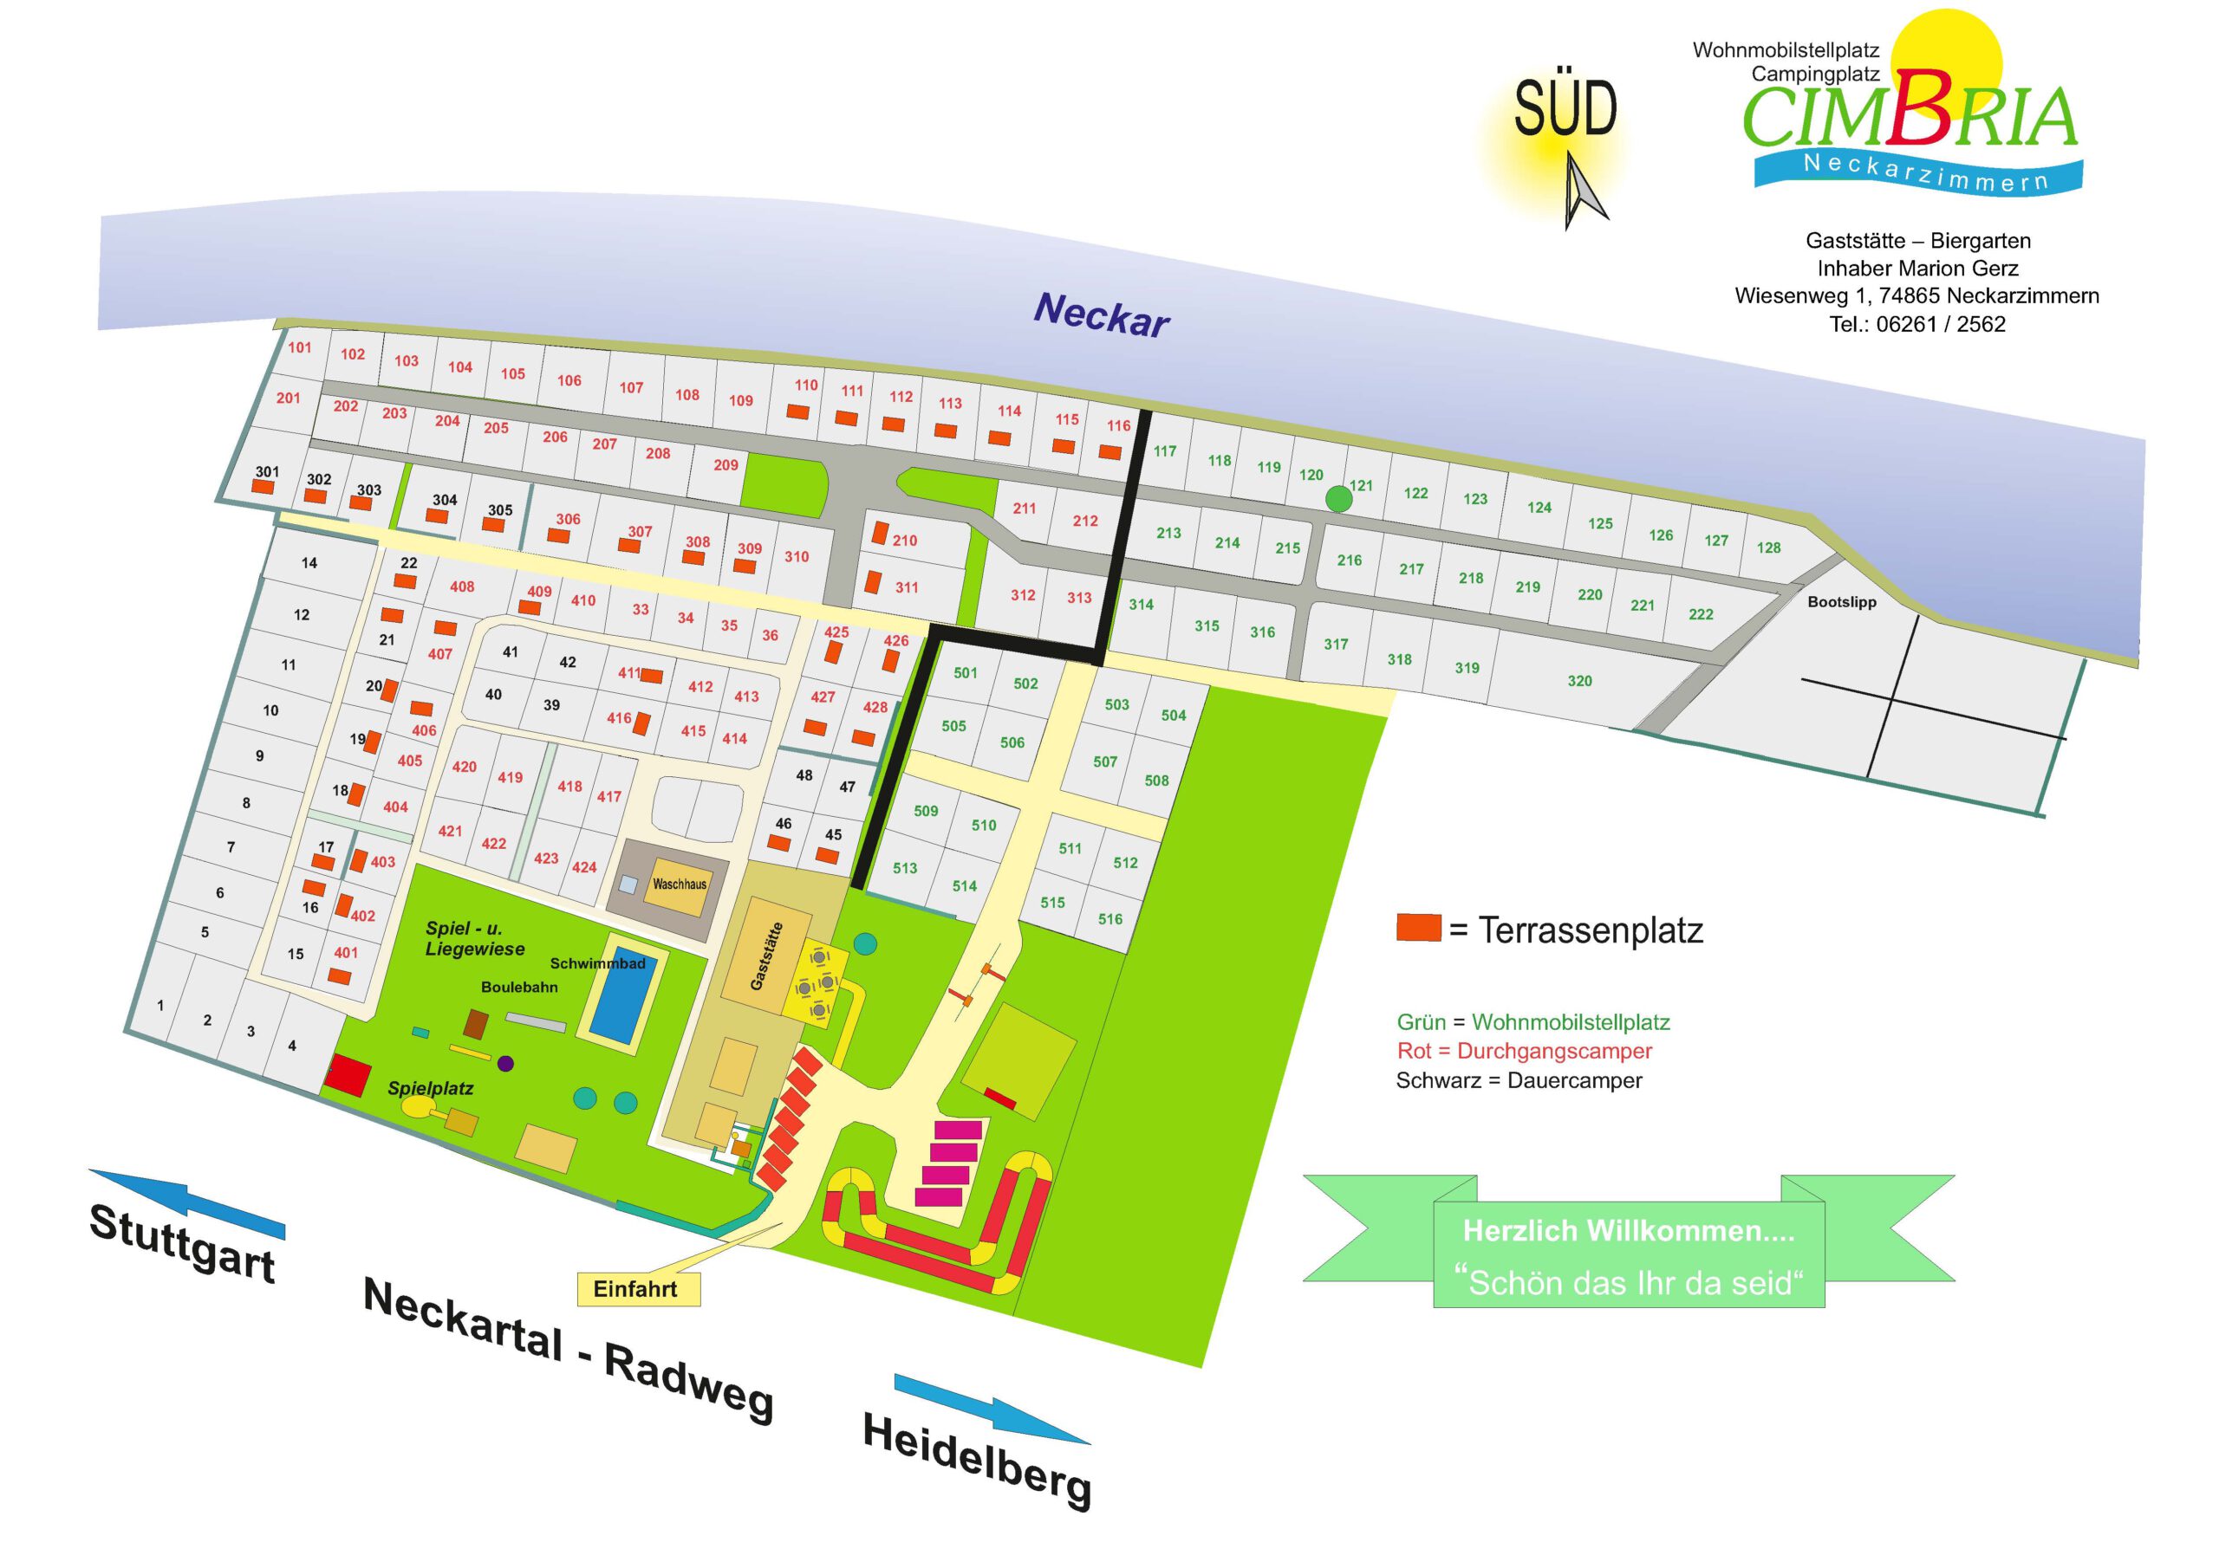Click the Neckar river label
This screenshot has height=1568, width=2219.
click(1101, 315)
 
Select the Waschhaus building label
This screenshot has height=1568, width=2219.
click(679, 883)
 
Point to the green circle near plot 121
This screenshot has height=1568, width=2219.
click(1337, 498)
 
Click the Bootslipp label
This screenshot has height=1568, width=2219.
click(1841, 602)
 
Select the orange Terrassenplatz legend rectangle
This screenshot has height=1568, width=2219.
click(1418, 928)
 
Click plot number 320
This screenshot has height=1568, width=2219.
click(1579, 681)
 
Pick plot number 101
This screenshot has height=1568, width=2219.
click(300, 347)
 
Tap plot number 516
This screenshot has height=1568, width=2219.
click(1109, 919)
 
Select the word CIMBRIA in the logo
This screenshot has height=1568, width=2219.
click(1909, 116)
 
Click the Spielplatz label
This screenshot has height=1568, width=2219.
click(430, 1089)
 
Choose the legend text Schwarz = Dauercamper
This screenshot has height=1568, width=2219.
click(1519, 1080)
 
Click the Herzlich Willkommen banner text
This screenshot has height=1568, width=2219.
click(1629, 1231)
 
